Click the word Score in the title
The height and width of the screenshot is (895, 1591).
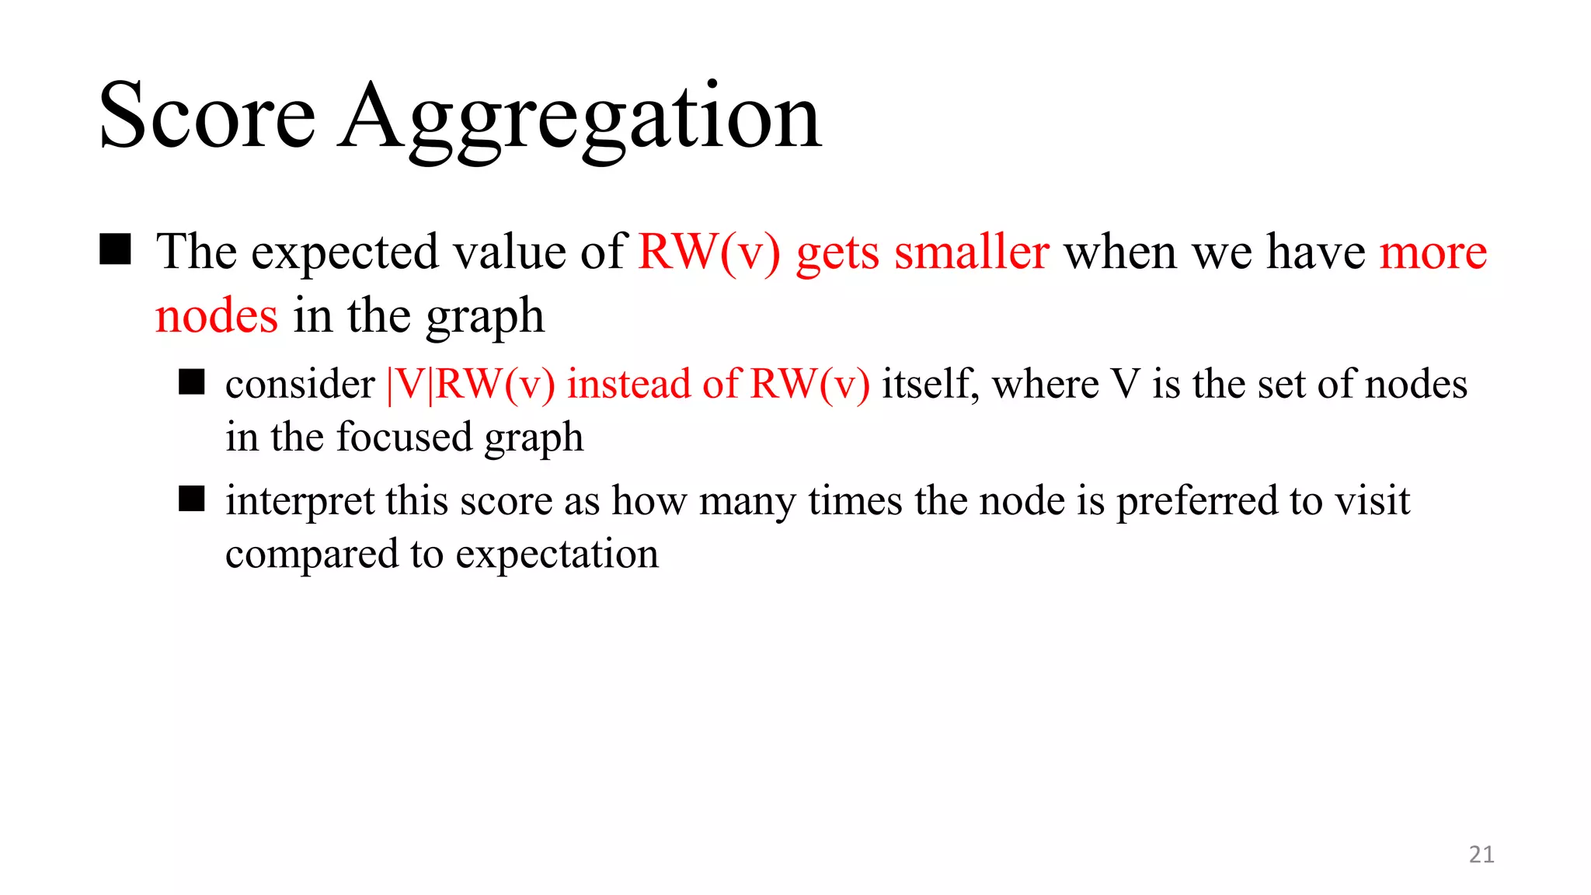click(x=207, y=117)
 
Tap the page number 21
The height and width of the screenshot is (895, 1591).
click(x=1481, y=855)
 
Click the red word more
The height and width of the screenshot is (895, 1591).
click(x=1433, y=253)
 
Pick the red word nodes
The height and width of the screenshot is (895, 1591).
click(x=216, y=316)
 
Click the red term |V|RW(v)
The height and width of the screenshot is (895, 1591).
click(x=471, y=385)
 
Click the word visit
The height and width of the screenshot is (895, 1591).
click(x=1372, y=500)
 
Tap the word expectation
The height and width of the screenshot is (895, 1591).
click(x=557, y=555)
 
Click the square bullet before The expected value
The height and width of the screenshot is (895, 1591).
click(x=115, y=250)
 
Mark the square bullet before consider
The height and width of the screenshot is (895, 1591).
click(x=191, y=382)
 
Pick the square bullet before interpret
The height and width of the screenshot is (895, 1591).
click(x=191, y=499)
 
